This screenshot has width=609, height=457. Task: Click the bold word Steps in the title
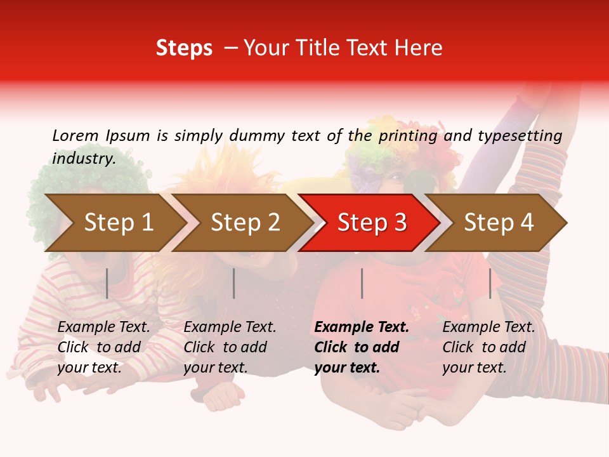[x=184, y=48]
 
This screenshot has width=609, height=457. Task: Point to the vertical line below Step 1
[x=107, y=283]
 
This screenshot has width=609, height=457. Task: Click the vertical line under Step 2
[x=234, y=283]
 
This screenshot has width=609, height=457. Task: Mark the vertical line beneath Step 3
[x=362, y=283]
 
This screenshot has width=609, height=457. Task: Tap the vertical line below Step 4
[x=490, y=283]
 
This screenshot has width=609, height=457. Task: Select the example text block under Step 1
[x=103, y=347]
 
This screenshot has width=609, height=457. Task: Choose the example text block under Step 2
[x=230, y=347]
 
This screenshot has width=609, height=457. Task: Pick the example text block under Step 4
[x=488, y=347]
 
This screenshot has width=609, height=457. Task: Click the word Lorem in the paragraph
[x=75, y=135]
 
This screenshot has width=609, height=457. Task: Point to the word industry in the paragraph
[x=84, y=158]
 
